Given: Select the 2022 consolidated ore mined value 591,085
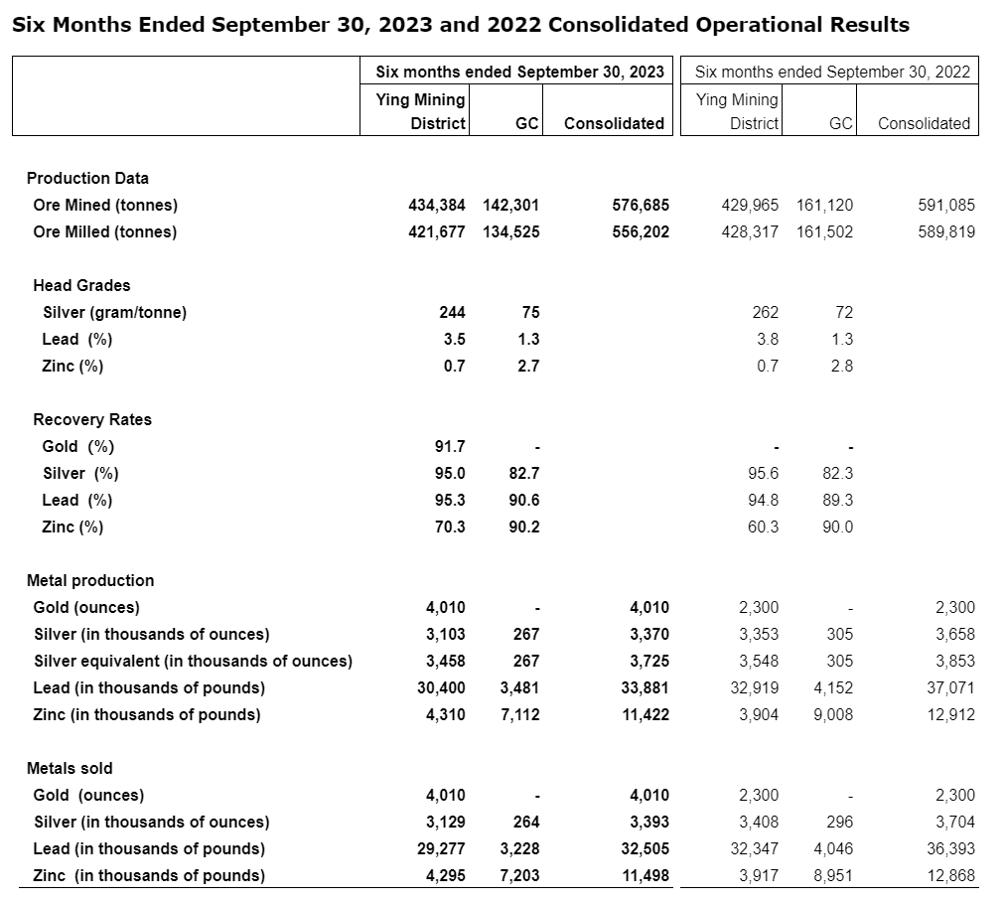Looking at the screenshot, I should pyautogui.click(x=949, y=206).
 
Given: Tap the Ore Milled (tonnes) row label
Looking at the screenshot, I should pyautogui.click(x=105, y=232).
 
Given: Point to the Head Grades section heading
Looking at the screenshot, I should pyautogui.click(x=81, y=285).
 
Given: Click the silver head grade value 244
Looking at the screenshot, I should pyautogui.click(x=452, y=312).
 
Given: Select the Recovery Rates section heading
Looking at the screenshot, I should pyautogui.click(x=92, y=419).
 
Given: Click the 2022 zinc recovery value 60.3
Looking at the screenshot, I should pyautogui.click(x=763, y=527).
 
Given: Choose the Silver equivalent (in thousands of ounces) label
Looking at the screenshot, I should pyautogui.click(x=193, y=661).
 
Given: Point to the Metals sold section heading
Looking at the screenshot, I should pyautogui.click(x=70, y=768).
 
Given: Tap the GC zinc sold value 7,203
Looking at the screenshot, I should pyautogui.click(x=519, y=875).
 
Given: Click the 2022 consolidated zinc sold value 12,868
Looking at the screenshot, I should pyautogui.click(x=949, y=875).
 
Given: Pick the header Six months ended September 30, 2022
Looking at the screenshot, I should pyautogui.click(x=832, y=72).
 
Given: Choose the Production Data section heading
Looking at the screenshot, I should pyautogui.click(x=87, y=178).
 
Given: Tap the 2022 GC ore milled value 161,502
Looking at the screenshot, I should pyautogui.click(x=824, y=232).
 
